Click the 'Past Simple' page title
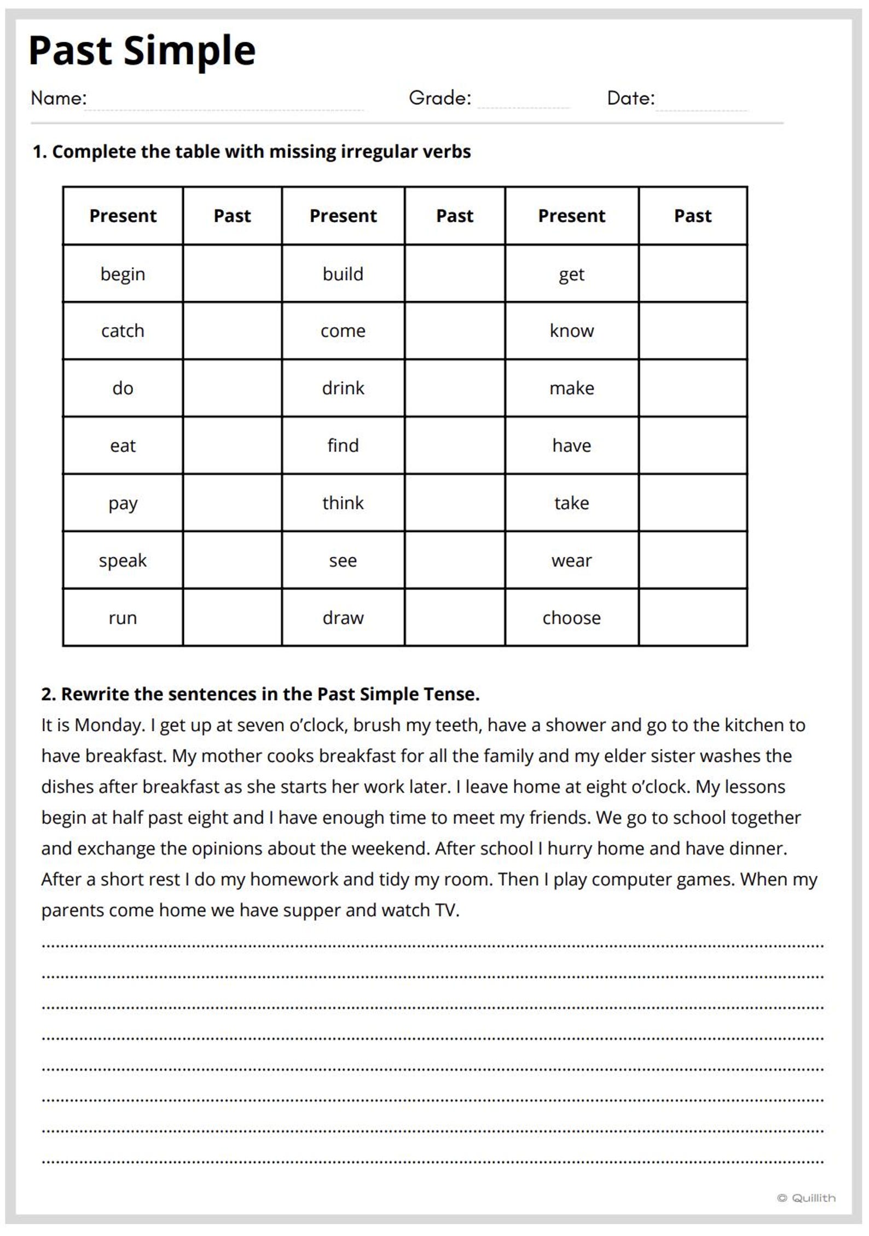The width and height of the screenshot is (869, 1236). pyautogui.click(x=142, y=50)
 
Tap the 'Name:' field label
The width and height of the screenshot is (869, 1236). pyautogui.click(x=59, y=98)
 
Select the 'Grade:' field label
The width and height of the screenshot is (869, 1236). pyautogui.click(x=439, y=98)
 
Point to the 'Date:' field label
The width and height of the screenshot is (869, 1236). pyautogui.click(x=630, y=98)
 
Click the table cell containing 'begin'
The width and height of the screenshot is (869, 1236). pyautogui.click(x=123, y=274)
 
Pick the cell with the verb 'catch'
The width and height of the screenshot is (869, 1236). pyautogui.click(x=123, y=331)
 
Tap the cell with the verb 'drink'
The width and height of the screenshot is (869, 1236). pyautogui.click(x=343, y=388)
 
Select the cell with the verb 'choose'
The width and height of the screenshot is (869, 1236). pyautogui.click(x=571, y=617)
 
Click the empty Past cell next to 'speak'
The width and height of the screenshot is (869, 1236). pyautogui.click(x=232, y=560)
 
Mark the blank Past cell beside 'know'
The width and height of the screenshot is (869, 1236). pyautogui.click(x=692, y=331)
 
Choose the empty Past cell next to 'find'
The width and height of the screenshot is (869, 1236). pyautogui.click(x=454, y=446)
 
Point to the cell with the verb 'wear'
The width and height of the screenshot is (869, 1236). pyautogui.click(x=571, y=560)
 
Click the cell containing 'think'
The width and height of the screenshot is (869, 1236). pyautogui.click(x=343, y=503)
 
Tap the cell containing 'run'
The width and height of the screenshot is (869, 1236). pyautogui.click(x=123, y=617)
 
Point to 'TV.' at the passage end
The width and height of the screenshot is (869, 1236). pyautogui.click(x=447, y=910)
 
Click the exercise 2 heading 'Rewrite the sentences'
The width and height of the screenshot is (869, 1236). pyautogui.click(x=260, y=694)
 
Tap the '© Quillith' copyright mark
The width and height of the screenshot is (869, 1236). pyautogui.click(x=806, y=1198)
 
